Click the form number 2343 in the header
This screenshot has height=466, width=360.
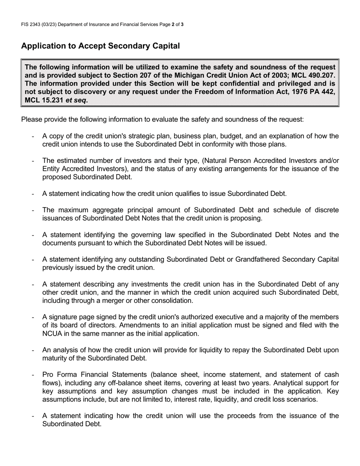tap(36, 25)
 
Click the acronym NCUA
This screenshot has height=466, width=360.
tap(52, 333)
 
